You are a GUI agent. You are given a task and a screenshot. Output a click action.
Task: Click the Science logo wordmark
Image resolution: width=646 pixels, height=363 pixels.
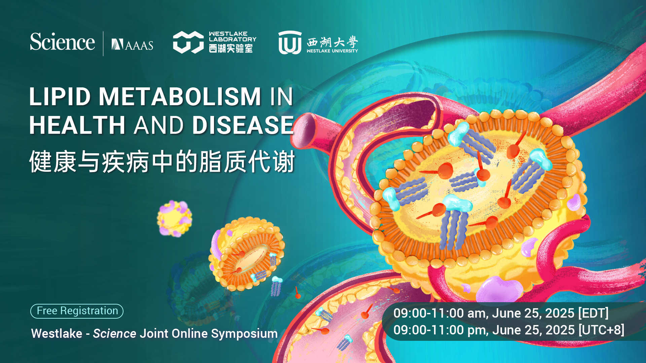pyautogui.click(x=62, y=42)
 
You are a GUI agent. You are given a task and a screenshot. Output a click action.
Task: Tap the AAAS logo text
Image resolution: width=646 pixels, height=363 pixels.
pyautogui.click(x=132, y=45)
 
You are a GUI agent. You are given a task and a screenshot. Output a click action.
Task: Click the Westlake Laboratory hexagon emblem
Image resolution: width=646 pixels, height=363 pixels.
pyautogui.click(x=188, y=42)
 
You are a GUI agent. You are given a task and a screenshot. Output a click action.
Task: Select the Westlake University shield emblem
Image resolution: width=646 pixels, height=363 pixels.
pyautogui.click(x=290, y=42)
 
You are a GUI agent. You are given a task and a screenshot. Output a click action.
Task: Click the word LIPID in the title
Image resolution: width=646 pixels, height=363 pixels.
pyautogui.click(x=60, y=97)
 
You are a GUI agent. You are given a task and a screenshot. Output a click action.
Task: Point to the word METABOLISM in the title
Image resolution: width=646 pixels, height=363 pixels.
pyautogui.click(x=180, y=97)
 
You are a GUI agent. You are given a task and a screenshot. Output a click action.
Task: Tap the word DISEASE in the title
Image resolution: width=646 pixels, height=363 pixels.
pyautogui.click(x=243, y=125)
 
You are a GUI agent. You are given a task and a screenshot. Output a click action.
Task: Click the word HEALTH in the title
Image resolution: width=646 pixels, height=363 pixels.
pyautogui.click(x=77, y=125)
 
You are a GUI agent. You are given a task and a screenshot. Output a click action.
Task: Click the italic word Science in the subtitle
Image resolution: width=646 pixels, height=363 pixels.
pyautogui.click(x=114, y=333)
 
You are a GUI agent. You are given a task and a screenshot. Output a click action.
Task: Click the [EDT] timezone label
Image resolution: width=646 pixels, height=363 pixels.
pyautogui.click(x=593, y=313)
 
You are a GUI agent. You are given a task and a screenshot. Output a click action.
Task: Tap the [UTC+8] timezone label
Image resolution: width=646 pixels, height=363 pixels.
pyautogui.click(x=601, y=330)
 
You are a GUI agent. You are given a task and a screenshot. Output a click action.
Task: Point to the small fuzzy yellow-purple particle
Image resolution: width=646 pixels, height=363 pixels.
pyautogui.click(x=174, y=218)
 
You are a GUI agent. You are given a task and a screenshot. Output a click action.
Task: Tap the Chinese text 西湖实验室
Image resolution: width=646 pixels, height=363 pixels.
pyautogui.click(x=231, y=48)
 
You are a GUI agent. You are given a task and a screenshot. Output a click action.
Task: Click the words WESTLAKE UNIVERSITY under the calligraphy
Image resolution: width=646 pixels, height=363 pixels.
pyautogui.click(x=332, y=51)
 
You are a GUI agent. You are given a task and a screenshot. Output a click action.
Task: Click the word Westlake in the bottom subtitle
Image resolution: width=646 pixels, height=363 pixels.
pyautogui.click(x=57, y=333)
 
